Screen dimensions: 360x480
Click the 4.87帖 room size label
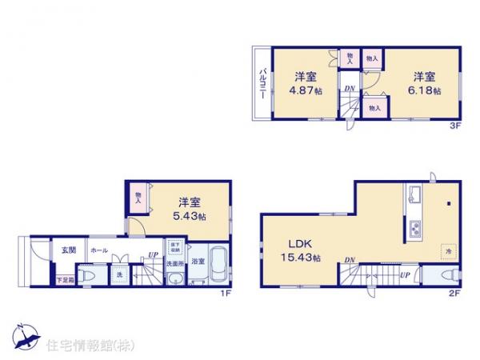307,91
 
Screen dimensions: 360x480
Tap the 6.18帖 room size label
425,91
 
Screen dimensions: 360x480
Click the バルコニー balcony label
262,83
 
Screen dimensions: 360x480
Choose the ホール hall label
99,250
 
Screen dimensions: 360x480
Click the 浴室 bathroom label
198,261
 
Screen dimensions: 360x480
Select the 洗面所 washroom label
175,262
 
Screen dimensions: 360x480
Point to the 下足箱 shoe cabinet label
65,278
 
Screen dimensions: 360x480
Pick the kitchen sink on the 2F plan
415,195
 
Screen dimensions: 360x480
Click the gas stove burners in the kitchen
416,230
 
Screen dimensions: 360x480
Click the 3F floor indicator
453,125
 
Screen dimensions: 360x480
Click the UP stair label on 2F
404,275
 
